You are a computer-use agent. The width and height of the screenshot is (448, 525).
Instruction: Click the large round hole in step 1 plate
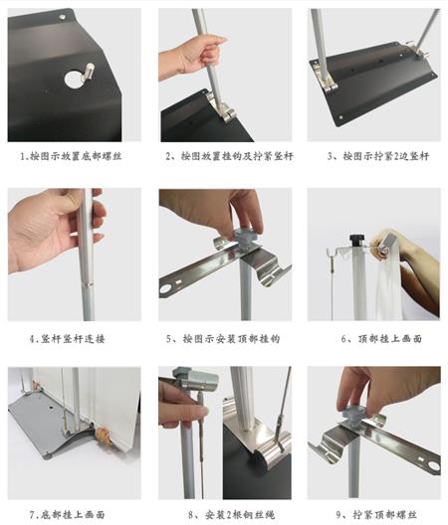[74, 79]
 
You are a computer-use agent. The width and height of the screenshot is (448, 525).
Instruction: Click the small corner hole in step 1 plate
[63, 16]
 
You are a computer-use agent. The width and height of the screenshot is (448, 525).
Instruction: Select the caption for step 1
[71, 156]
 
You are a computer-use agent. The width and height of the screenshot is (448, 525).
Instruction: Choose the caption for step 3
[378, 156]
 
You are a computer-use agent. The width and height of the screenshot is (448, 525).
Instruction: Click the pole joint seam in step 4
[88, 283]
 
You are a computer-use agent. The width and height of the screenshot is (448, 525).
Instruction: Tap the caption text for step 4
[67, 339]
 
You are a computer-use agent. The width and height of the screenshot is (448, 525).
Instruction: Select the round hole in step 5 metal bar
[166, 289]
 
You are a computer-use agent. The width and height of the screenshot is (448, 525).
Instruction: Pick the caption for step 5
[223, 339]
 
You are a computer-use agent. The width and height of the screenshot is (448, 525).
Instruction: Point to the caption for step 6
[381, 339]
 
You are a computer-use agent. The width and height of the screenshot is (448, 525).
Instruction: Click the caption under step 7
[67, 514]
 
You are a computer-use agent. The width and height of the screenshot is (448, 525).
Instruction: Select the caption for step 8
[231, 514]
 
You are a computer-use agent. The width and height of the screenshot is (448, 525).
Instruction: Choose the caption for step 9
[376, 514]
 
